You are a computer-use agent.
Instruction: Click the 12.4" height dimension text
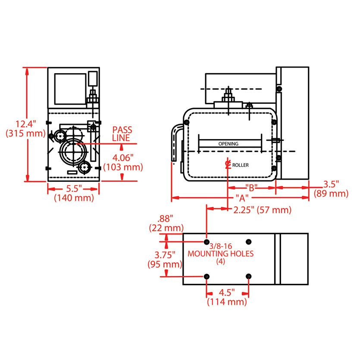click(25, 124)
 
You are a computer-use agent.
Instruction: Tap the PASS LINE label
click(122, 133)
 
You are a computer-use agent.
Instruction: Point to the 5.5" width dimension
click(73, 189)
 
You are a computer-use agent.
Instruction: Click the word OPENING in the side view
click(228, 144)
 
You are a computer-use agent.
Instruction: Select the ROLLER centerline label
click(240, 165)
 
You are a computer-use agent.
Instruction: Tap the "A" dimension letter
click(242, 198)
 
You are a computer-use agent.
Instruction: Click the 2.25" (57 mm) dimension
click(262, 210)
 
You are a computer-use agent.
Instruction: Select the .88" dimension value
click(166, 218)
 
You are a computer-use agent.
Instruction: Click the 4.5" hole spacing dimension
click(227, 293)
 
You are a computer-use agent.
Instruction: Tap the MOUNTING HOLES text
click(220, 254)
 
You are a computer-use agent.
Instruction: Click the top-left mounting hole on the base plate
click(207, 241)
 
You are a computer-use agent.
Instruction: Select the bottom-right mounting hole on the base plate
click(248, 276)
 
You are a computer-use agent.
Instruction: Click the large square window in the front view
click(70, 89)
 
